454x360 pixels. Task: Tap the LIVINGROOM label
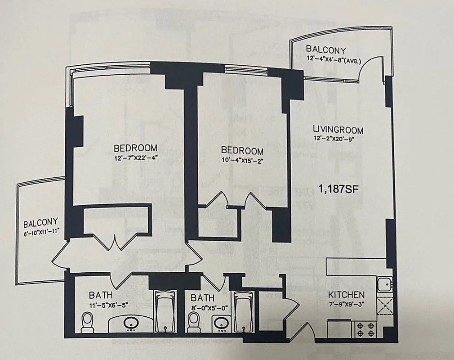click(x=338, y=130)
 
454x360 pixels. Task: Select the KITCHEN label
click(x=346, y=295)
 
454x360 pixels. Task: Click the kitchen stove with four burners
click(x=366, y=329)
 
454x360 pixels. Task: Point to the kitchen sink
click(x=384, y=284)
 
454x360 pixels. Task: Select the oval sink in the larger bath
click(x=131, y=324)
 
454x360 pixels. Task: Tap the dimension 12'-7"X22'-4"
click(x=135, y=157)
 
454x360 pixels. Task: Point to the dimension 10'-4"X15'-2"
click(x=242, y=160)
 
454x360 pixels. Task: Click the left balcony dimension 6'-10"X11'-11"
click(x=41, y=231)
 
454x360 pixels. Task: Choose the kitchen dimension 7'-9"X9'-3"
click(x=346, y=303)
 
